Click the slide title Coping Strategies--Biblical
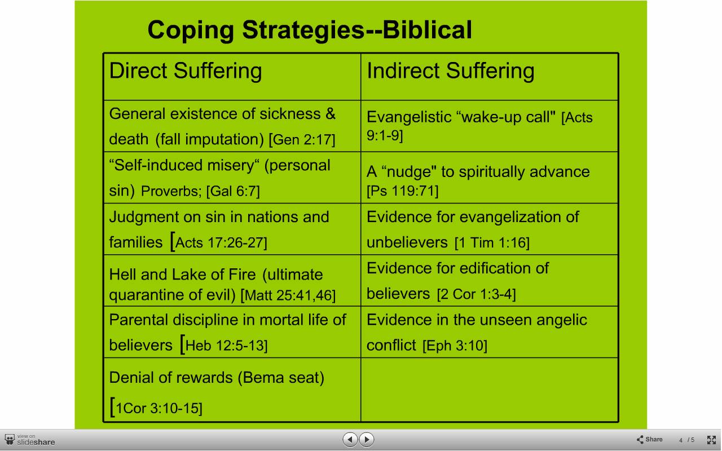310,30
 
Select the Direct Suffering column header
186,71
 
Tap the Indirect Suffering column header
451,71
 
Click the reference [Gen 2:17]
302,140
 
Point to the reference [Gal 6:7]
233,191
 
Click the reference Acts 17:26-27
221,243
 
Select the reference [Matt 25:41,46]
288,295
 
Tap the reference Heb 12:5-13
226,346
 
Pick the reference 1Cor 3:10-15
159,409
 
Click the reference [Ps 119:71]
403,191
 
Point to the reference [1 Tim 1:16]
492,243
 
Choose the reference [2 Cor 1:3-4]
477,294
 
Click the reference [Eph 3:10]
455,346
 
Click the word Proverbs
171,191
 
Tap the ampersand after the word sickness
331,114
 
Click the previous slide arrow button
350,440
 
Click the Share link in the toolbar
650,440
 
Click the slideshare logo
30,440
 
